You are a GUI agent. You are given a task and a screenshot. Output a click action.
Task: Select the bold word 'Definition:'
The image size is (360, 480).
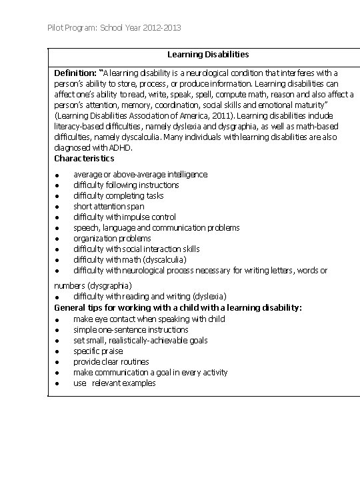tap(75, 73)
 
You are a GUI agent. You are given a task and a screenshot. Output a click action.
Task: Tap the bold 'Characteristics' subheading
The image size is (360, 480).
tap(84, 158)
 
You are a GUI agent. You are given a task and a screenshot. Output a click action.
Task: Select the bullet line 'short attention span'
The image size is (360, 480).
tap(109, 206)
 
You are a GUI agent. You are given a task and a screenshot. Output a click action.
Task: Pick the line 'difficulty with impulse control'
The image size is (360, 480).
tap(125, 217)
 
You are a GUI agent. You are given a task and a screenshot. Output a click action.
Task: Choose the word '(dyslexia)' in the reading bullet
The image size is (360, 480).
tap(205, 295)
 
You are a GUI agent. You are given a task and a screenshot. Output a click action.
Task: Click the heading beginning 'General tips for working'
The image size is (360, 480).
tap(178, 307)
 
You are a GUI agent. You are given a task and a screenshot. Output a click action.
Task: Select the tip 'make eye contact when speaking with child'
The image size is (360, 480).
tap(149, 319)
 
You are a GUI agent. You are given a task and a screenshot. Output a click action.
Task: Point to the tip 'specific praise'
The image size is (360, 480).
tap(99, 351)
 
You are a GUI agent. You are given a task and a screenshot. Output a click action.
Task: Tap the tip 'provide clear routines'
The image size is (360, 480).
tap(111, 361)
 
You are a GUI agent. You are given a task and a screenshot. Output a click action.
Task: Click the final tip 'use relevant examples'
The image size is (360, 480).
tap(115, 383)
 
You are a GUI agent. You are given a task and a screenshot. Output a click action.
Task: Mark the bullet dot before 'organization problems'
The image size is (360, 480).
tap(59, 239)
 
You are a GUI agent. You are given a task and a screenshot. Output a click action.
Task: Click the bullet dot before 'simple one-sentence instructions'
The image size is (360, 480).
tap(59, 330)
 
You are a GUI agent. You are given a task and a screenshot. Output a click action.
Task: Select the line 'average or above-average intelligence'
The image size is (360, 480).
tap(140, 174)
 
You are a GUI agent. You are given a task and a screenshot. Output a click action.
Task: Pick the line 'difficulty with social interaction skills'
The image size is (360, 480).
tap(137, 249)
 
